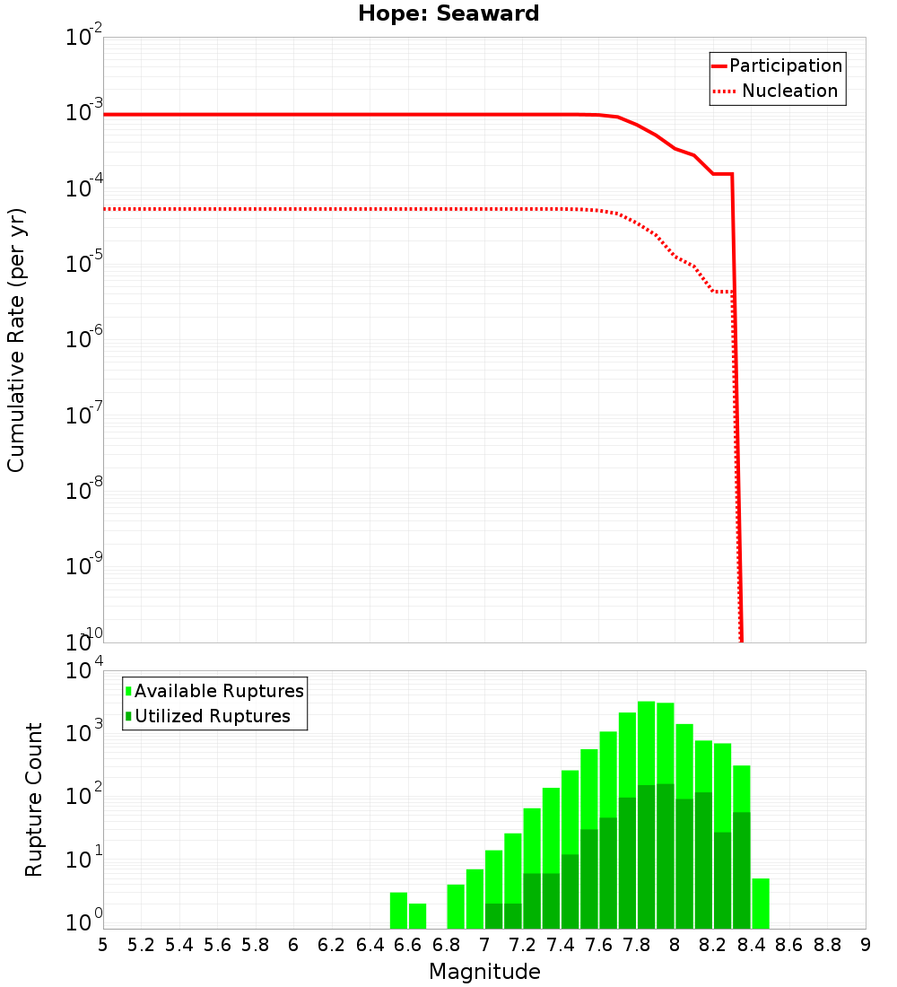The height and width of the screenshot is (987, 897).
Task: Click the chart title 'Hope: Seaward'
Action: point(448,13)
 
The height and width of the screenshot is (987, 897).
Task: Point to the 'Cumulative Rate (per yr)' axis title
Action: point(16,340)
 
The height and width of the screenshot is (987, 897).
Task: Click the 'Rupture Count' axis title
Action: point(34,799)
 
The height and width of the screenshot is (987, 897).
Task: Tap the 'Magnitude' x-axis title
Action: point(484,972)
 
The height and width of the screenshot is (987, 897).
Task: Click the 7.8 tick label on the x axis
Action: point(637,945)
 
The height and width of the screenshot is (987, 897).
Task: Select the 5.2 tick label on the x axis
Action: point(141,945)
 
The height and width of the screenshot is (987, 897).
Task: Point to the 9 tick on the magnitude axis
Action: point(866,945)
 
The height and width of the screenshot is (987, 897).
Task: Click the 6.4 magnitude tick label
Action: point(370,945)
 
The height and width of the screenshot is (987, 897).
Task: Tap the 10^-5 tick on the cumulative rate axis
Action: point(84,264)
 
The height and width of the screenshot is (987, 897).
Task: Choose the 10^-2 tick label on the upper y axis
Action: point(84,38)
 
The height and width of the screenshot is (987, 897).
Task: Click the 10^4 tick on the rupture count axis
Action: point(84,670)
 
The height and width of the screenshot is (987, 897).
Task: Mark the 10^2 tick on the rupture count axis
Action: point(84,798)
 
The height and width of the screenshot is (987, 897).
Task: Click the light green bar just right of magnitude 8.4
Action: point(761,904)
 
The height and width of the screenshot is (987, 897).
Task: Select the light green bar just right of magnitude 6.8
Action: point(456,906)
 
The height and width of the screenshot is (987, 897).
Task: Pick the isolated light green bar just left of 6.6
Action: point(398,910)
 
